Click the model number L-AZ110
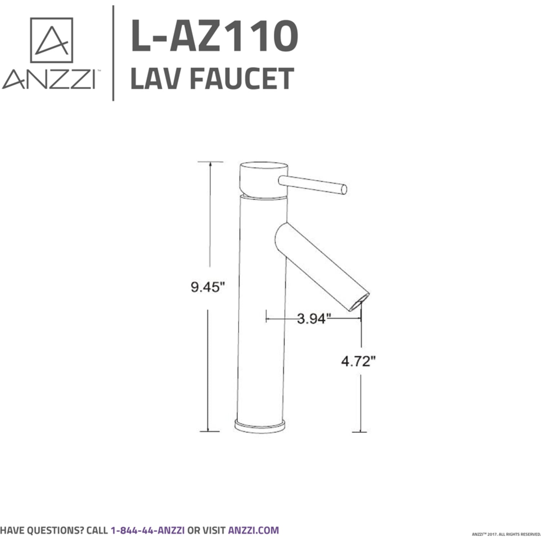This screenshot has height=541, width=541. point(214,36)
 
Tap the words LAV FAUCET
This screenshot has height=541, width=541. point(212,78)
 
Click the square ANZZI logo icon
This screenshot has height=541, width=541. point(52,40)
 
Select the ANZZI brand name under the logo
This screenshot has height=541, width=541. point(49,79)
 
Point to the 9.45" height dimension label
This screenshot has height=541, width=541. point(208,287)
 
